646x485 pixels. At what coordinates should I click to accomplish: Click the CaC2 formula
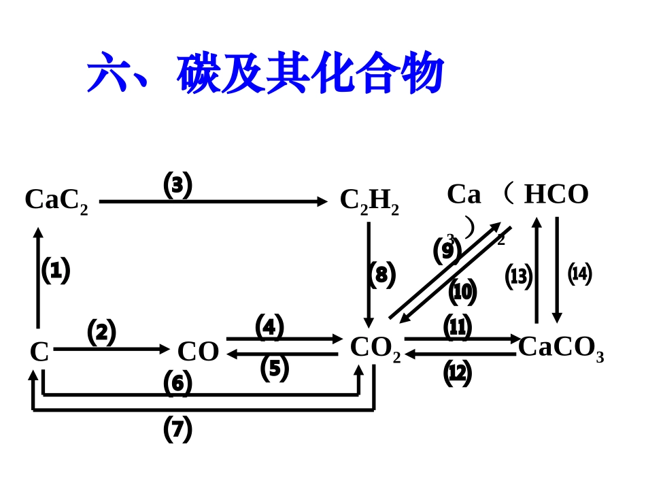[x=56, y=200]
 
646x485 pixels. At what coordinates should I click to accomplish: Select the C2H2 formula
[x=369, y=201]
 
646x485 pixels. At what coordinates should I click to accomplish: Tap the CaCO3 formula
[x=561, y=347]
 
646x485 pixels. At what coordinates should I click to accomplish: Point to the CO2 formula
[x=375, y=348]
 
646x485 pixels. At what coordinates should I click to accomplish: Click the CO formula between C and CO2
[x=198, y=352]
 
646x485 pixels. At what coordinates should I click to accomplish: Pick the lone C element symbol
[x=39, y=352]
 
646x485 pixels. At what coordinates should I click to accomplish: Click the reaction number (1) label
[x=56, y=271]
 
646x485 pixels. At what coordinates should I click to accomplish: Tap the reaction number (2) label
[x=101, y=332]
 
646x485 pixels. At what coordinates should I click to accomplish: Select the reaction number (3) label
[x=177, y=184]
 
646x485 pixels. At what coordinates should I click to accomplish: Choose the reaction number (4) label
[x=269, y=327]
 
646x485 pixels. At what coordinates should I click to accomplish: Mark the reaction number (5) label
[x=274, y=368]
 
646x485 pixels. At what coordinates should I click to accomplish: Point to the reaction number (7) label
[x=177, y=429]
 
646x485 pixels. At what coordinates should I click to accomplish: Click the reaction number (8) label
[x=381, y=275]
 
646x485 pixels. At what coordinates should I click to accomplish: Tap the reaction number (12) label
[x=457, y=373]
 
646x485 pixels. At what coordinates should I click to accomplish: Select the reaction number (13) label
[x=518, y=277]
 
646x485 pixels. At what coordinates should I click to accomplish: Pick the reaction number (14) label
[x=579, y=273]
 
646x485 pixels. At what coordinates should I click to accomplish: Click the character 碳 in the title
[x=199, y=73]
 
